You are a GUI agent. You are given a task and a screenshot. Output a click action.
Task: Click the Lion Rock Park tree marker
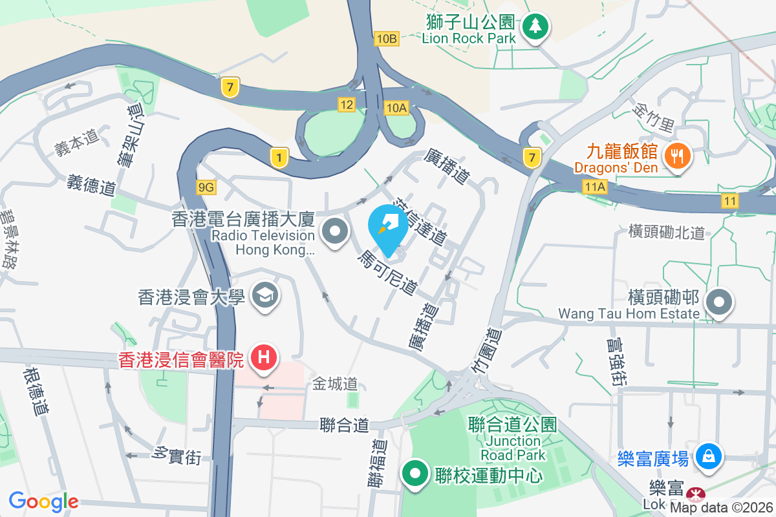tap(535, 26)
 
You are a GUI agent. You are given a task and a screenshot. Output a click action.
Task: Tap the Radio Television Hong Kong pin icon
tap(335, 231)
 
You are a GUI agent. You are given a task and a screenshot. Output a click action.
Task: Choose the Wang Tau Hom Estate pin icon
tap(719, 301)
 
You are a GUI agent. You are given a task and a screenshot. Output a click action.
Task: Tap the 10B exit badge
tap(385, 39)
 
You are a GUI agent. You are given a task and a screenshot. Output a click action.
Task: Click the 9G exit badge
tap(206, 187)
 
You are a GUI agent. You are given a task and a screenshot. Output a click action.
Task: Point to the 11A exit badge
tap(594, 187)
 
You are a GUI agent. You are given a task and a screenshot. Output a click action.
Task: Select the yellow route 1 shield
tap(279, 157)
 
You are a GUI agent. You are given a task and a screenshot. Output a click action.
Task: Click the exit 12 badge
tap(347, 104)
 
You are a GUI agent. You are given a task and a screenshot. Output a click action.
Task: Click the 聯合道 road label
tap(344, 425)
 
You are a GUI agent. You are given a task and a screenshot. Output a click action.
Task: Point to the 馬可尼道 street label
tap(387, 273)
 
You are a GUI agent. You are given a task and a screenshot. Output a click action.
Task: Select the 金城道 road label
tap(335, 384)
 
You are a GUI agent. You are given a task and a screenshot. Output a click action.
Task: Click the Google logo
tap(44, 501)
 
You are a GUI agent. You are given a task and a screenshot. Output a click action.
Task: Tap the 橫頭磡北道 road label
tap(666, 233)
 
